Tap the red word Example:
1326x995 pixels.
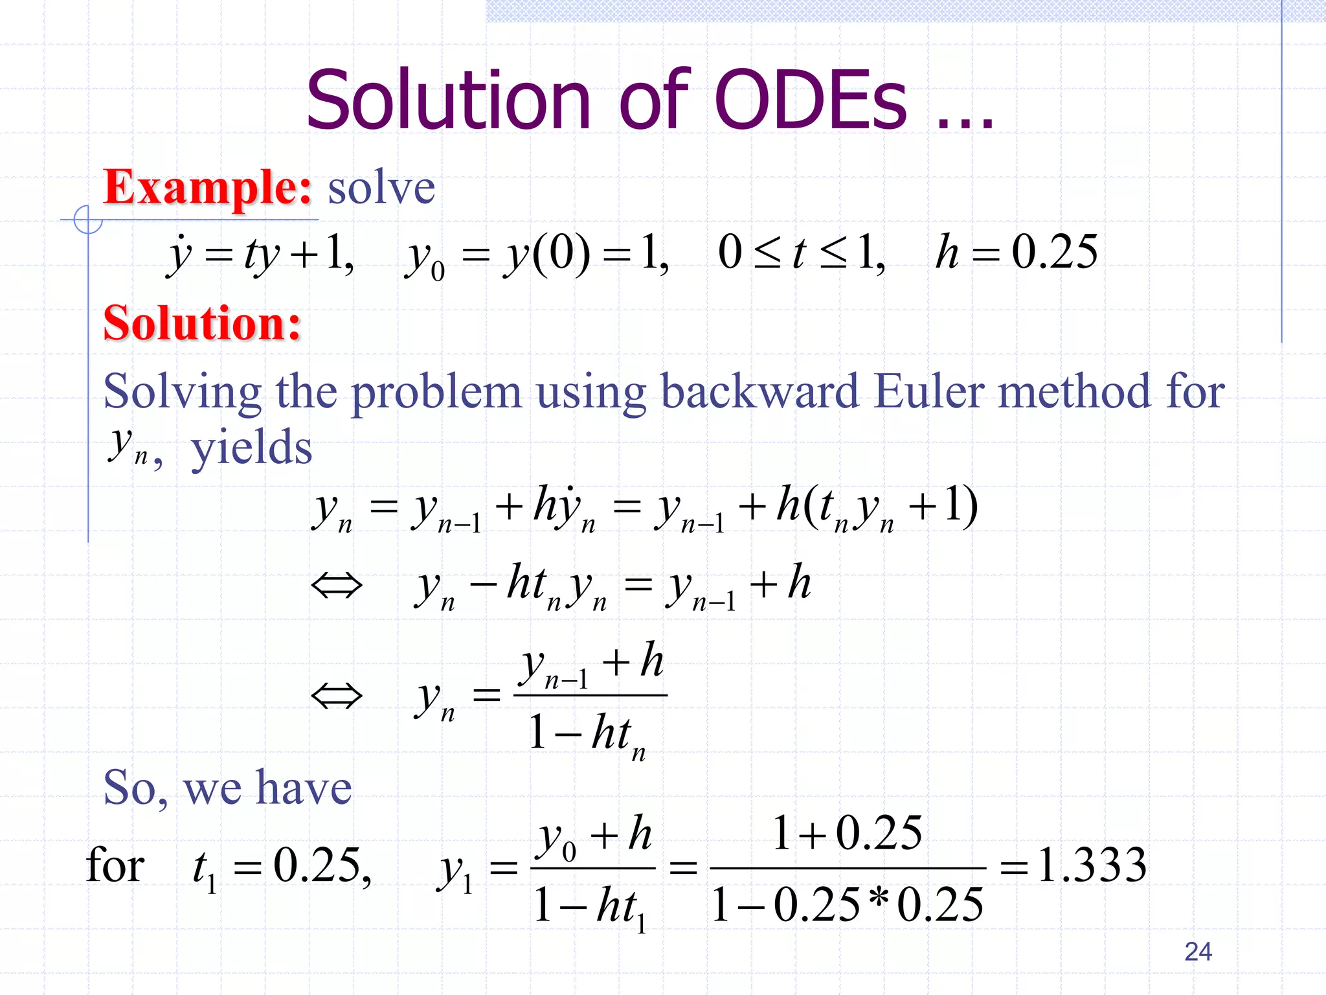click(x=208, y=187)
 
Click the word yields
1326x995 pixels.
click(x=251, y=448)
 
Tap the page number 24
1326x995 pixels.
click(x=1198, y=952)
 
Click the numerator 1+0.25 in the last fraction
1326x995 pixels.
click(x=847, y=833)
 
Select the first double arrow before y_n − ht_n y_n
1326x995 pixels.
click(x=337, y=586)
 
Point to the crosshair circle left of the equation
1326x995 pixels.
click(x=88, y=220)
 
